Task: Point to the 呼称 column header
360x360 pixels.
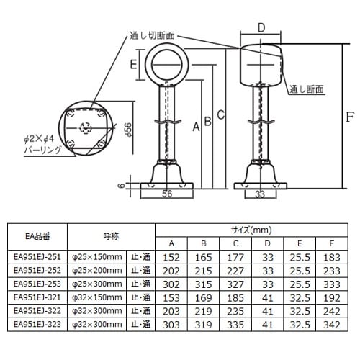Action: point(111,235)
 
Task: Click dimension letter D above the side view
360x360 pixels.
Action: point(261,29)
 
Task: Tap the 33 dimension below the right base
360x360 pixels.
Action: point(261,194)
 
